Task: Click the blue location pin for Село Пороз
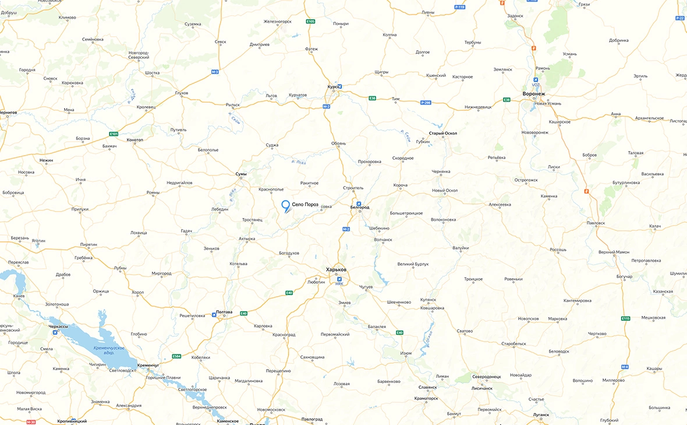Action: (285, 206)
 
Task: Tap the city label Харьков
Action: (337, 269)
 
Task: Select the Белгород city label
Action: (360, 208)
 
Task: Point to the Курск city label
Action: (332, 86)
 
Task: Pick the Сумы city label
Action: (241, 174)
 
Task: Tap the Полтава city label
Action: (224, 312)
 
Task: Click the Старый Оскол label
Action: (442, 133)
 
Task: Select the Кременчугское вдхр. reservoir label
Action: (108, 350)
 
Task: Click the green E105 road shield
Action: (310, 22)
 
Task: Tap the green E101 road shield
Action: (114, 134)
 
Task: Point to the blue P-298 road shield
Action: (426, 103)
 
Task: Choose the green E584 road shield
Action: (177, 356)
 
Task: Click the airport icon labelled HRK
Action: (339, 279)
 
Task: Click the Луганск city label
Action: (540, 415)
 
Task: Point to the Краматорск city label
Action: (428, 398)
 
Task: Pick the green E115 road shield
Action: (625, 318)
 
